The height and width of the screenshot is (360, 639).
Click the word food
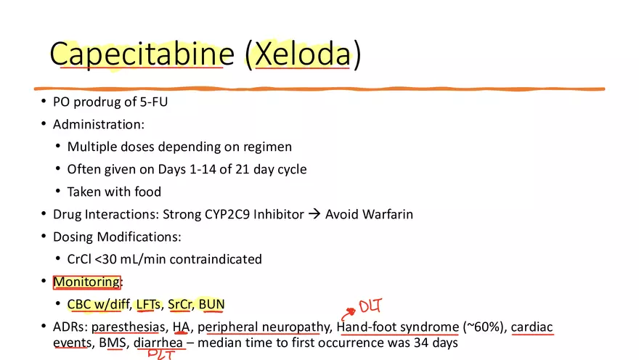click(146, 192)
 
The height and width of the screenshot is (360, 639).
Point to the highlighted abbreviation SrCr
click(180, 304)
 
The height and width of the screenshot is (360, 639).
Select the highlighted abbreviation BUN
click(211, 304)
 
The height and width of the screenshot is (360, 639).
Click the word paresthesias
click(128, 327)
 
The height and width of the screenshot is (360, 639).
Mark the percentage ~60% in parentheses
click(482, 327)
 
